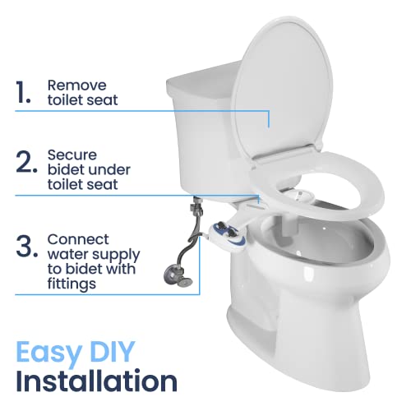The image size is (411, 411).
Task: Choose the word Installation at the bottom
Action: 97,382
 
